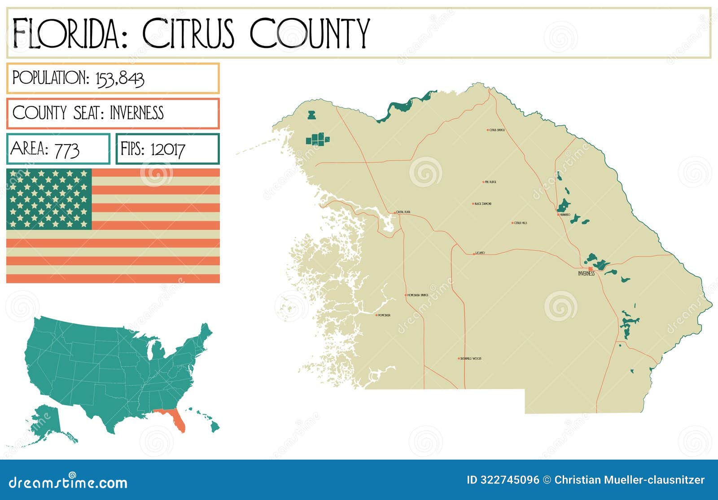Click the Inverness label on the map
586,273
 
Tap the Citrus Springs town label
497,130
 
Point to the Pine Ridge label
490,182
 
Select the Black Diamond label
483,204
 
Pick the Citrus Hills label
521,223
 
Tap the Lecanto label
480,253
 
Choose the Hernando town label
565,215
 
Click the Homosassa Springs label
418,295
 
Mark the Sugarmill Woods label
471,359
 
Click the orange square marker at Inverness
591,269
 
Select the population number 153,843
120,79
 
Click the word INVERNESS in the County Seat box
137,113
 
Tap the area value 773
66,149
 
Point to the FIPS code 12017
167,149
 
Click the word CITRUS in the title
188,34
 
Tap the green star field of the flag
49,199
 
